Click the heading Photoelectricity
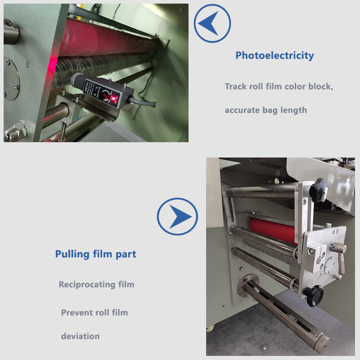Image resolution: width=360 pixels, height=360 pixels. point(274,55)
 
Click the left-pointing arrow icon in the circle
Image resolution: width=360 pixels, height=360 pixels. point(212,23)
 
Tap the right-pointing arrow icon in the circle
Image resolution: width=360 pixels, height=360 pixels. point(177,216)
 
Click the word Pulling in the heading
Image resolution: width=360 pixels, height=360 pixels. point(72,254)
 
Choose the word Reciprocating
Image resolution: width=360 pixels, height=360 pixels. point(87,285)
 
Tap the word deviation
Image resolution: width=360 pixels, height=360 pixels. point(81,336)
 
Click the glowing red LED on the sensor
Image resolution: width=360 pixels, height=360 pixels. point(113,99)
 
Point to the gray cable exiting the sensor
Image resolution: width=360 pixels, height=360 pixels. point(142,103)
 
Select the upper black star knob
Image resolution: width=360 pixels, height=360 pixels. point(318,190)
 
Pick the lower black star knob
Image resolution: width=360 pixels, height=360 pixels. point(314,296)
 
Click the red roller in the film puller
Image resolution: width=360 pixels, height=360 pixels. point(273,230)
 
